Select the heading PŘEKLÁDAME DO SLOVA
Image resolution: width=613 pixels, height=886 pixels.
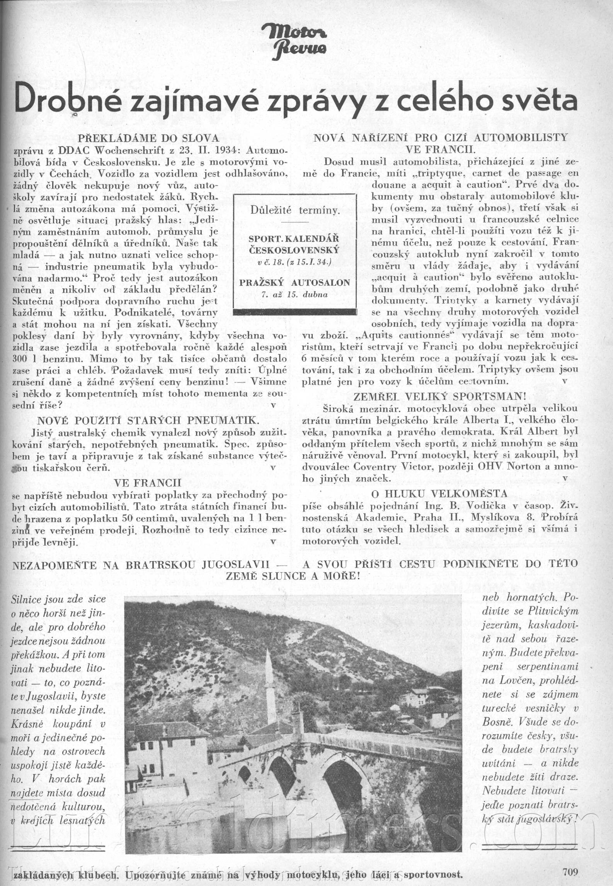148,138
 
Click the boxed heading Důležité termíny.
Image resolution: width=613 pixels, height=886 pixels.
295,211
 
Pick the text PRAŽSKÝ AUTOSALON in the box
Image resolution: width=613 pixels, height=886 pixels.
295,283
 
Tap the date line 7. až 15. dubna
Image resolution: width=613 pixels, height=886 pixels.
295,294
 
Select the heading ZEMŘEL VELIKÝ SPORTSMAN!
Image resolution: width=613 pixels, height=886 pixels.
440,396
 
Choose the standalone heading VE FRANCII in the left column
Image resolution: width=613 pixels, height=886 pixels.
148,483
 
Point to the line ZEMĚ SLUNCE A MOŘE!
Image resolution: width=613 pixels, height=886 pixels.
293,576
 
